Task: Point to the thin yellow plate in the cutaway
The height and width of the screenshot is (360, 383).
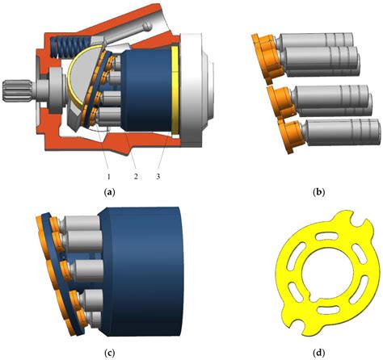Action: pyautogui.click(x=175, y=89)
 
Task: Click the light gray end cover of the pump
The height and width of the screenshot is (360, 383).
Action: pyautogui.click(x=202, y=81)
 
